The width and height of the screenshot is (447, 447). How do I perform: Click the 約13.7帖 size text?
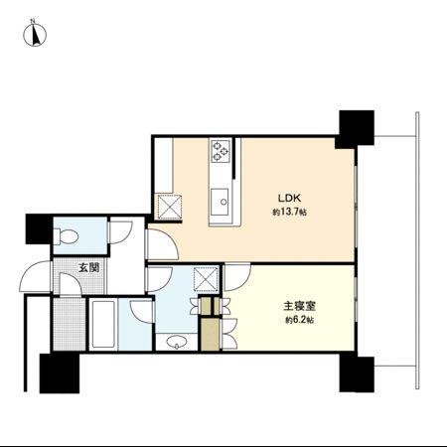pyautogui.click(x=288, y=212)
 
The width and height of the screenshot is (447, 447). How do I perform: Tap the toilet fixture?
pyautogui.click(x=68, y=235)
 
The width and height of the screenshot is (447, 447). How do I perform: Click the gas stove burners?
pyautogui.click(x=220, y=152)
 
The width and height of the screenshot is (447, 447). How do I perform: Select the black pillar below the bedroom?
pyautogui.click(x=354, y=374)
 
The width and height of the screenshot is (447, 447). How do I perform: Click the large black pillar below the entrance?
pyautogui.click(x=59, y=373)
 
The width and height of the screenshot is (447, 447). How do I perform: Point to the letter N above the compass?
pyautogui.click(x=31, y=21)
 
